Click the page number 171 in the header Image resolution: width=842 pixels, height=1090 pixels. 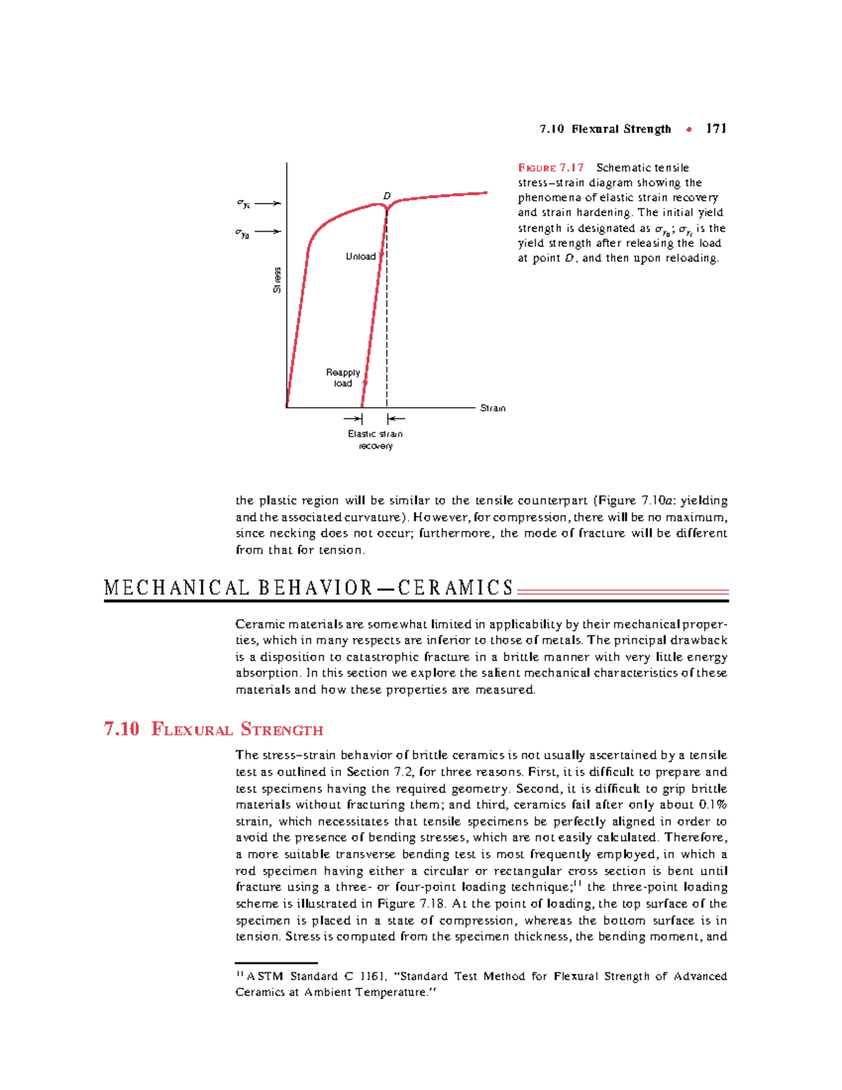coord(716,128)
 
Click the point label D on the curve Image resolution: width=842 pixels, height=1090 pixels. coord(387,196)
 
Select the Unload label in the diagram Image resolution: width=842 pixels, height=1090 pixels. coord(361,257)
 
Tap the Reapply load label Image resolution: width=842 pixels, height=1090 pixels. coord(343,378)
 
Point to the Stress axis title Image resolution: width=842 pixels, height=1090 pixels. coord(277,280)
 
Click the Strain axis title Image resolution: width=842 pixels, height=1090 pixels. coord(493,408)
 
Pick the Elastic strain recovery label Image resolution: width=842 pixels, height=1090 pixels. coord(375,440)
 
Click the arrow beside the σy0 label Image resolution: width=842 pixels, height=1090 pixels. coord(268,232)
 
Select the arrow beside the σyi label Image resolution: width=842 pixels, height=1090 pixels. coord(268,204)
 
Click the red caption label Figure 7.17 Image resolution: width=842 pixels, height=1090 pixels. coord(551,168)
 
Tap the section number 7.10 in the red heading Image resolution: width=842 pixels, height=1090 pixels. coord(121,729)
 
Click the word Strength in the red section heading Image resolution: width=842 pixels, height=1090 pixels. coord(282,729)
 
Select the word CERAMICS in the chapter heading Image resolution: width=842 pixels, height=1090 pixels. coord(456,588)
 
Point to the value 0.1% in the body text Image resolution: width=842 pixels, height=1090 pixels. coord(713,805)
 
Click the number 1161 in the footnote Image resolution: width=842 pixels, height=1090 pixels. coord(373,976)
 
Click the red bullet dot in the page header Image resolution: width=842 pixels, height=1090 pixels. coord(690,129)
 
